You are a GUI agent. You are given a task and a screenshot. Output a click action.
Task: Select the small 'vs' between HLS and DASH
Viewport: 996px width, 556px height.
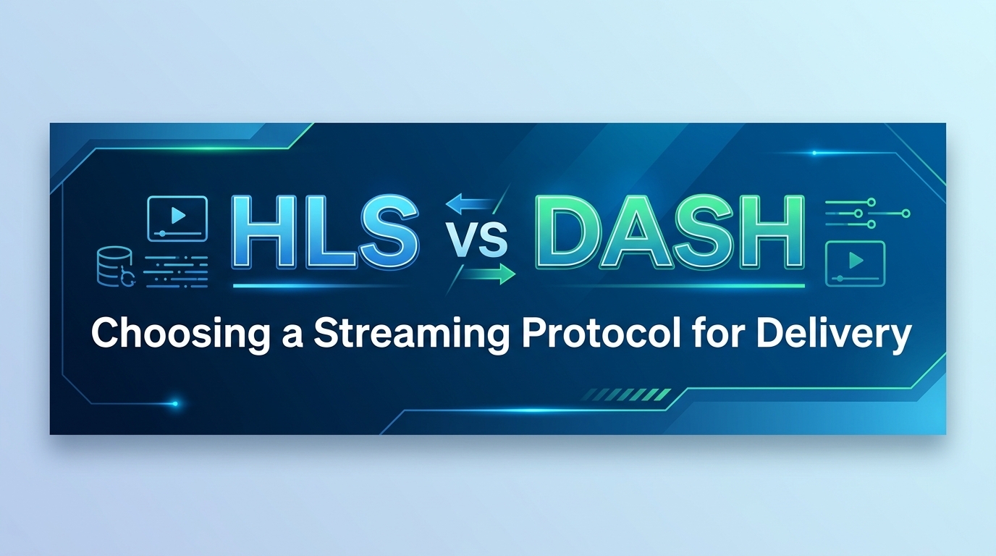[x=479, y=240]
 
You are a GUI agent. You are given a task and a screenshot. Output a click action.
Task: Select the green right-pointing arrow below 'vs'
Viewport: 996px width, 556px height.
[x=488, y=274]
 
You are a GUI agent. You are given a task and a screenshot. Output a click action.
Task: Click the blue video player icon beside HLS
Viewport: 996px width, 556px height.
[x=178, y=219]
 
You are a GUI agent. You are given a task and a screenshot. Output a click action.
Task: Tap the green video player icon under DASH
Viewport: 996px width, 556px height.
[x=856, y=264]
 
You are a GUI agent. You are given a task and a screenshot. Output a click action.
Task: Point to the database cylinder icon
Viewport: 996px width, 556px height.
[x=114, y=266]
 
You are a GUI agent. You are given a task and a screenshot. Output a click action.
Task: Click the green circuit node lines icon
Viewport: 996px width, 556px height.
[x=867, y=214]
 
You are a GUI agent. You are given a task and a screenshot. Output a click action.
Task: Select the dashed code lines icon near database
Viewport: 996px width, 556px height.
[x=176, y=271]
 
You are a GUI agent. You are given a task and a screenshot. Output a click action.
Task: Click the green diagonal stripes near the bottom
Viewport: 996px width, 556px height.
[x=626, y=395]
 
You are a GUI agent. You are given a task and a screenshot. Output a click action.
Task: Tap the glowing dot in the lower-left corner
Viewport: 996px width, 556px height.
[x=175, y=404]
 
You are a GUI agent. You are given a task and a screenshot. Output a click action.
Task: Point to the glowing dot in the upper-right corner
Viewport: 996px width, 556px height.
[x=814, y=153]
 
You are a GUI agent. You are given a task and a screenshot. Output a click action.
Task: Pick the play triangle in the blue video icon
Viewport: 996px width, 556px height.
[x=178, y=216]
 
